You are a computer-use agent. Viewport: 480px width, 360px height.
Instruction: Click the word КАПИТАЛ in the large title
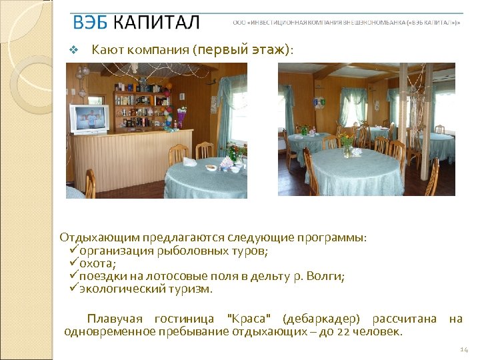tap(156, 23)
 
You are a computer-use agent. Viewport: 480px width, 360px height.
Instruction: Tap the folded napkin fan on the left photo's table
tap(189, 161)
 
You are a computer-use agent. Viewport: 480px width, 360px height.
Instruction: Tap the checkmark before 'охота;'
tap(73, 263)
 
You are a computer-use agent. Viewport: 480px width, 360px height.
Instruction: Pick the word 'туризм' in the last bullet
tap(189, 289)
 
